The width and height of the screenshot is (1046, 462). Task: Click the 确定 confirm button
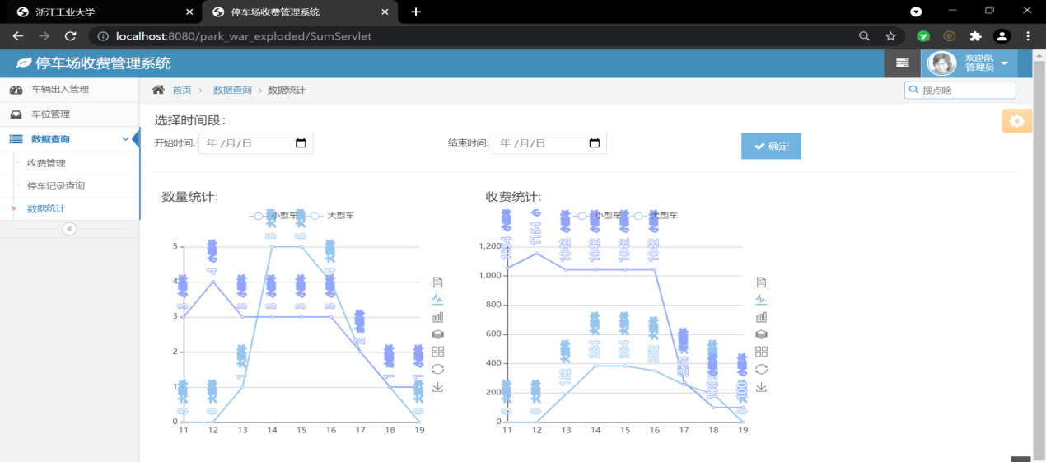pyautogui.click(x=771, y=146)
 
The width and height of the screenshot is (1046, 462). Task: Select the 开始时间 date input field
pyautogui.click(x=255, y=143)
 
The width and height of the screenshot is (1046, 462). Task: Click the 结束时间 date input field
pyautogui.click(x=549, y=143)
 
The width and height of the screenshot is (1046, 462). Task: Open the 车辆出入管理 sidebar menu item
pyautogui.click(x=60, y=89)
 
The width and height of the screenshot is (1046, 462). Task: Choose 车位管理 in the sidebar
pyautogui.click(x=50, y=114)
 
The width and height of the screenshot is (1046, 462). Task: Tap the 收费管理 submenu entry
pyautogui.click(x=46, y=163)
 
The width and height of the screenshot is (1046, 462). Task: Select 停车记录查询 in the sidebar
pyautogui.click(x=56, y=186)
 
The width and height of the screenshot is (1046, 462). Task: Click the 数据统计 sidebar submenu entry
pyautogui.click(x=46, y=208)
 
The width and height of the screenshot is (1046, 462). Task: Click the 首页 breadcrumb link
pyautogui.click(x=182, y=90)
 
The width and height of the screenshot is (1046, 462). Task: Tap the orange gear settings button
pyautogui.click(x=1017, y=121)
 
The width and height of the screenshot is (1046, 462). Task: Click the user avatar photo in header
pyautogui.click(x=942, y=63)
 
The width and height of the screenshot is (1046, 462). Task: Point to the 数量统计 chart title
pyautogui.click(x=189, y=197)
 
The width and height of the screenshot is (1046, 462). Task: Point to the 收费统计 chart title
pyautogui.click(x=513, y=197)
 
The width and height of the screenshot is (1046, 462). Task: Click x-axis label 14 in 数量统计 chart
pyautogui.click(x=272, y=430)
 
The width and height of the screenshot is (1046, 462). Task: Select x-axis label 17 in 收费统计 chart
pyautogui.click(x=684, y=430)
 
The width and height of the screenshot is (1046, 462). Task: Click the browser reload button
pyautogui.click(x=71, y=36)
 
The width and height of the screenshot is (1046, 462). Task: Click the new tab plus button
pyautogui.click(x=416, y=12)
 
